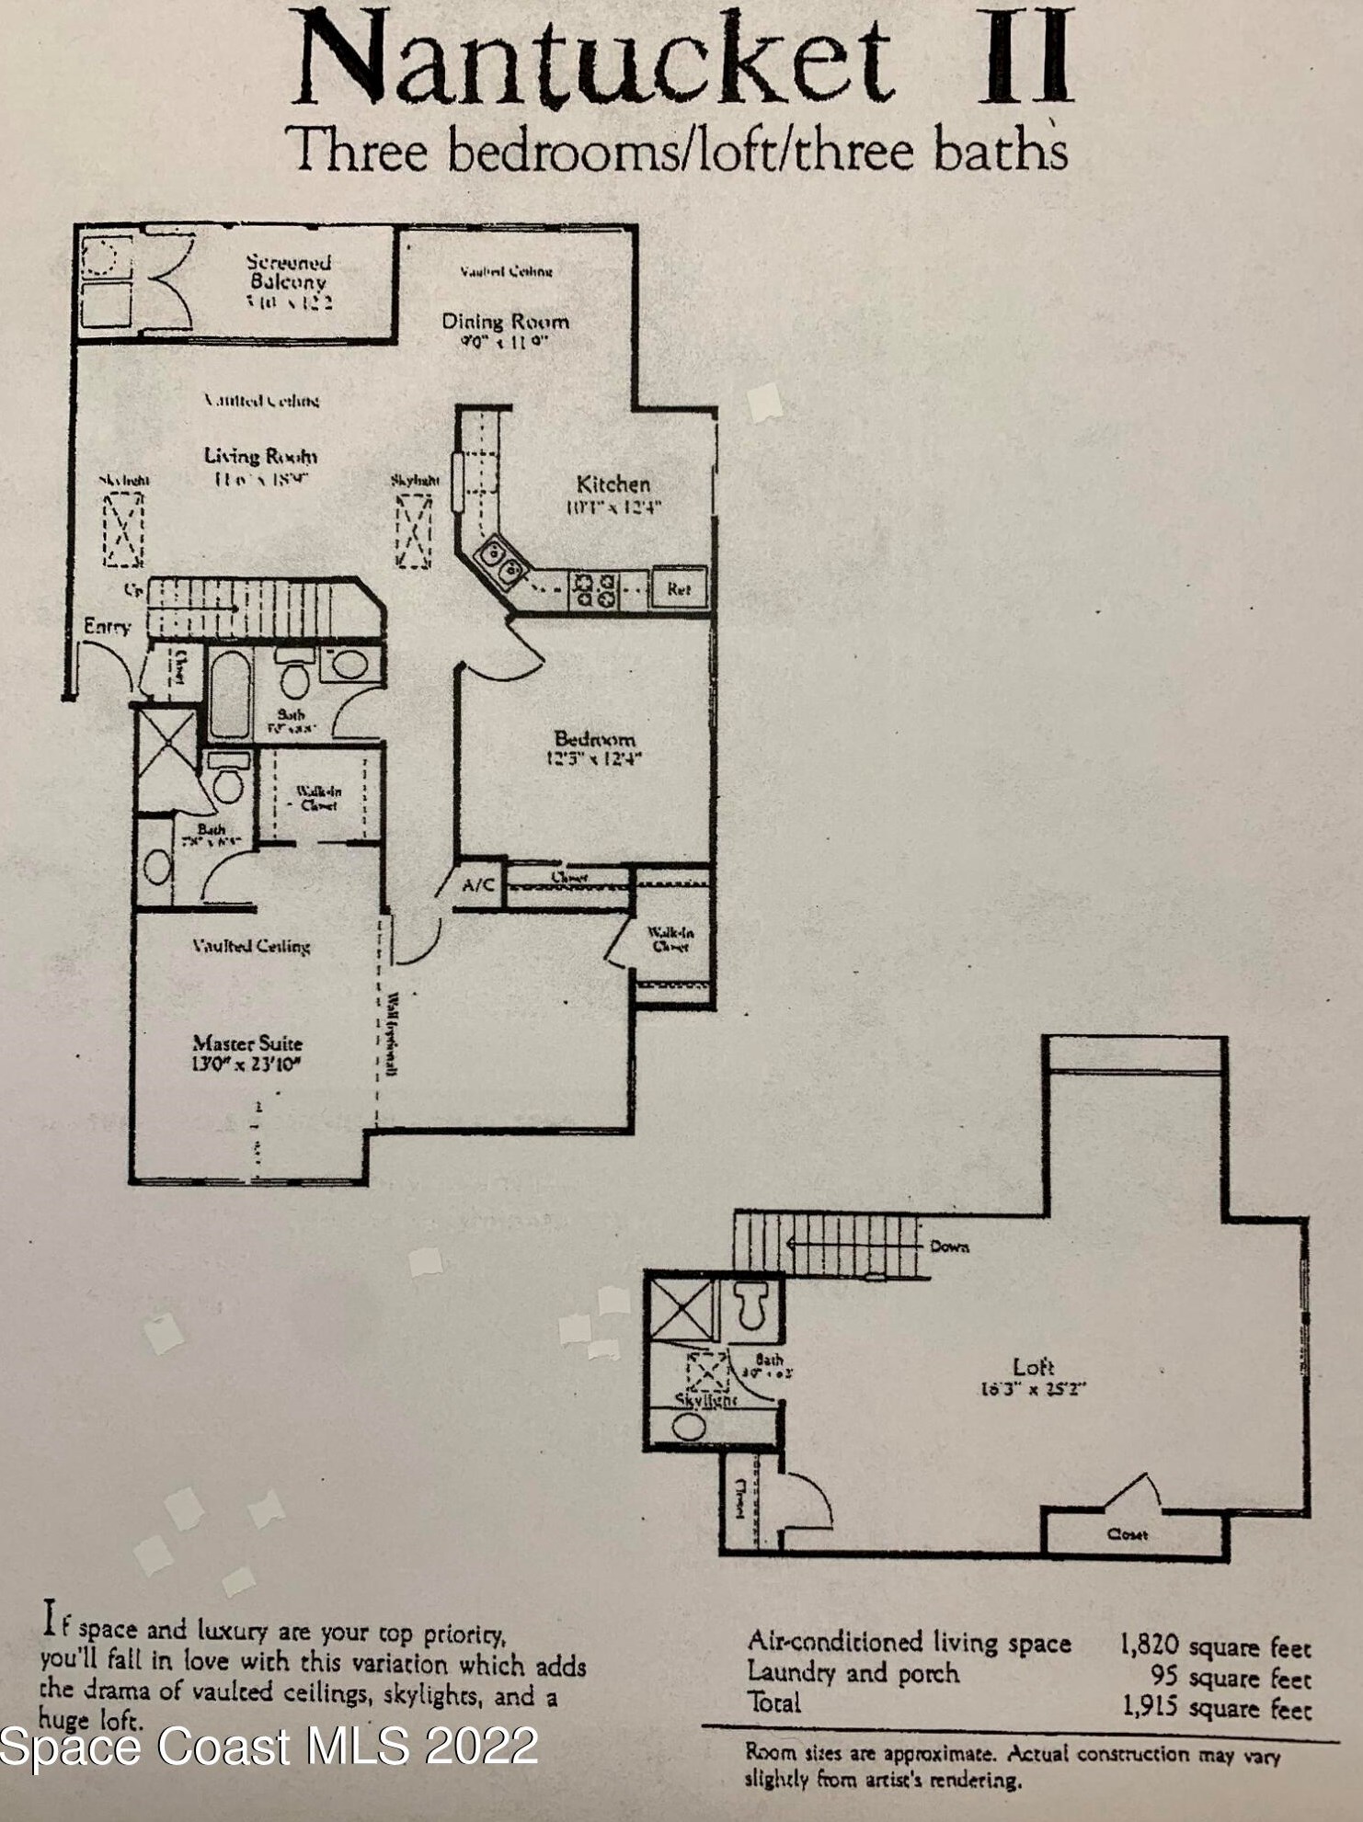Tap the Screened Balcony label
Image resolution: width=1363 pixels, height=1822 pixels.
[289, 272]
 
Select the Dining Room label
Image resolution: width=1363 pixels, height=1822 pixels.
[505, 322]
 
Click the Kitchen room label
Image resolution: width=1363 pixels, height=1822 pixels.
[613, 484]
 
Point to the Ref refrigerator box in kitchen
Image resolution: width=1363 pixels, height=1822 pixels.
[679, 588]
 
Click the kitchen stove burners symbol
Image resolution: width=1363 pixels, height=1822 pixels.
[593, 589]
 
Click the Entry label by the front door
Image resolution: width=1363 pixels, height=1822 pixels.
[107, 627]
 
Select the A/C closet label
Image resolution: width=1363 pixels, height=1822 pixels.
[478, 885]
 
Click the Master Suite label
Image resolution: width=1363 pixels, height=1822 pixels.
[247, 1043]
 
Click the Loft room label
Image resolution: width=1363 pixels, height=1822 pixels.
[1033, 1367]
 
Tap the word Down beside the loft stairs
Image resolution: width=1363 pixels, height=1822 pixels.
[949, 1247]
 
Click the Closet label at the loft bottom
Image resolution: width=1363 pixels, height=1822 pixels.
[1127, 1534]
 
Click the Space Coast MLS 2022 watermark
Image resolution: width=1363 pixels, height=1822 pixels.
[269, 1746]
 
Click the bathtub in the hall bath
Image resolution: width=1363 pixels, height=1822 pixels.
[228, 693]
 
